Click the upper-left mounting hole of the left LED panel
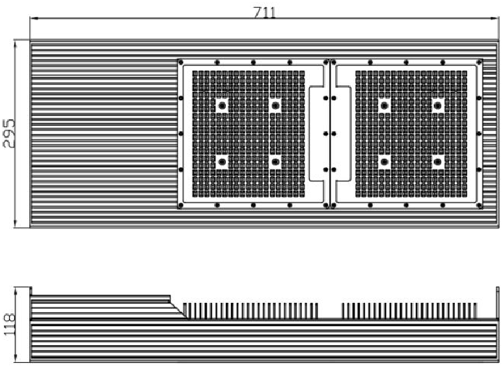[x=222, y=106]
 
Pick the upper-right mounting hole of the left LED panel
[x=275, y=106]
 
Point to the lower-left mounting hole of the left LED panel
[x=222, y=162]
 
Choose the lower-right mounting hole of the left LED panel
[x=275, y=162]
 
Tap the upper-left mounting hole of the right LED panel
[x=385, y=106]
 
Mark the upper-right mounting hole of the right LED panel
[x=438, y=106]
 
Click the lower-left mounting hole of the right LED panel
[x=385, y=162]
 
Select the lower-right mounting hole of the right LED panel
[x=438, y=162]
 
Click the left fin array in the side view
[x=251, y=311]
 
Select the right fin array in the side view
[x=408, y=311]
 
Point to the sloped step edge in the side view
[x=179, y=308]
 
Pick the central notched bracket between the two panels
[x=329, y=134]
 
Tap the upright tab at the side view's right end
[x=498, y=303]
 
